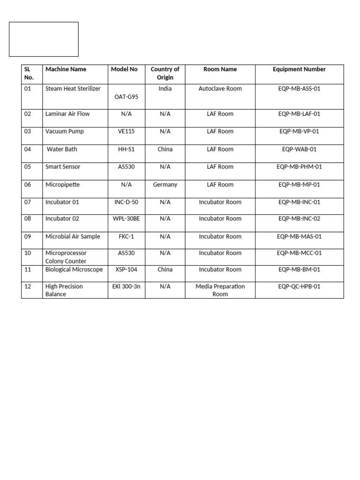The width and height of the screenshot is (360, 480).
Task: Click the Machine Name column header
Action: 66,69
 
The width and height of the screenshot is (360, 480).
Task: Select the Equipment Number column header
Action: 299,69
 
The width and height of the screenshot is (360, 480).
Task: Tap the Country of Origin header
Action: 165,74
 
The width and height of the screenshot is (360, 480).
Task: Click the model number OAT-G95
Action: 126,97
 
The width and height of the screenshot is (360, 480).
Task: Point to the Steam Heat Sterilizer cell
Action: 73,89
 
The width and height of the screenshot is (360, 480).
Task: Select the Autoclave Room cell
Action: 220,89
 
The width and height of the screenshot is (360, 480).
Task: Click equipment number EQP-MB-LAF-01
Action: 299,114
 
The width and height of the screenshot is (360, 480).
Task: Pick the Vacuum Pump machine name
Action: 65,131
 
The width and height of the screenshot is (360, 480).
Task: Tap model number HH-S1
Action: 126,149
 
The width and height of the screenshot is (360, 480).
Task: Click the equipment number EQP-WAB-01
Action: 299,149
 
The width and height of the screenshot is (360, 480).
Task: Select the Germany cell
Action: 165,185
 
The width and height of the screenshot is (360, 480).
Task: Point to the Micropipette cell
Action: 62,185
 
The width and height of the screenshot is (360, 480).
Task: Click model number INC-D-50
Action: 126,202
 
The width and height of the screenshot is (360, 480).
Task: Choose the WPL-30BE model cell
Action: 126,218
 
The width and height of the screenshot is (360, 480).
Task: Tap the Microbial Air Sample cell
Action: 73,237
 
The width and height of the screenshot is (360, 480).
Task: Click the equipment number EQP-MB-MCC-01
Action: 299,253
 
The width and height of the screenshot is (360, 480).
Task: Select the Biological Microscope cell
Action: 74,270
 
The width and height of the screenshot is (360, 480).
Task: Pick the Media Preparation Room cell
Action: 220,290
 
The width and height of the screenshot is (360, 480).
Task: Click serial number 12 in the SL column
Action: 28,286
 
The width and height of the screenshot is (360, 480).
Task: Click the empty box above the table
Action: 44,39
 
